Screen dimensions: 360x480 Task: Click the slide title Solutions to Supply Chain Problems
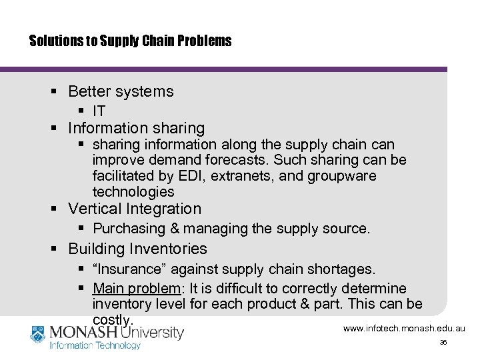point(131,41)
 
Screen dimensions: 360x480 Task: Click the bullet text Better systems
point(121,92)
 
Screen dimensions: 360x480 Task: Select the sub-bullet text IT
point(99,111)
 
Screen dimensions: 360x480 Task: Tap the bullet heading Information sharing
point(136,128)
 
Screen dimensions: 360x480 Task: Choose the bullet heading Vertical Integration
point(134,209)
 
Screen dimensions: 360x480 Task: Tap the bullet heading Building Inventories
point(137,249)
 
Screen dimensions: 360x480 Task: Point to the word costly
point(113,321)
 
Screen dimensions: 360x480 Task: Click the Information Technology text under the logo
point(95,345)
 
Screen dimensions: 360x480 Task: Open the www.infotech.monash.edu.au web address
point(404,329)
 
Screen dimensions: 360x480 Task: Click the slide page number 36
point(443,343)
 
